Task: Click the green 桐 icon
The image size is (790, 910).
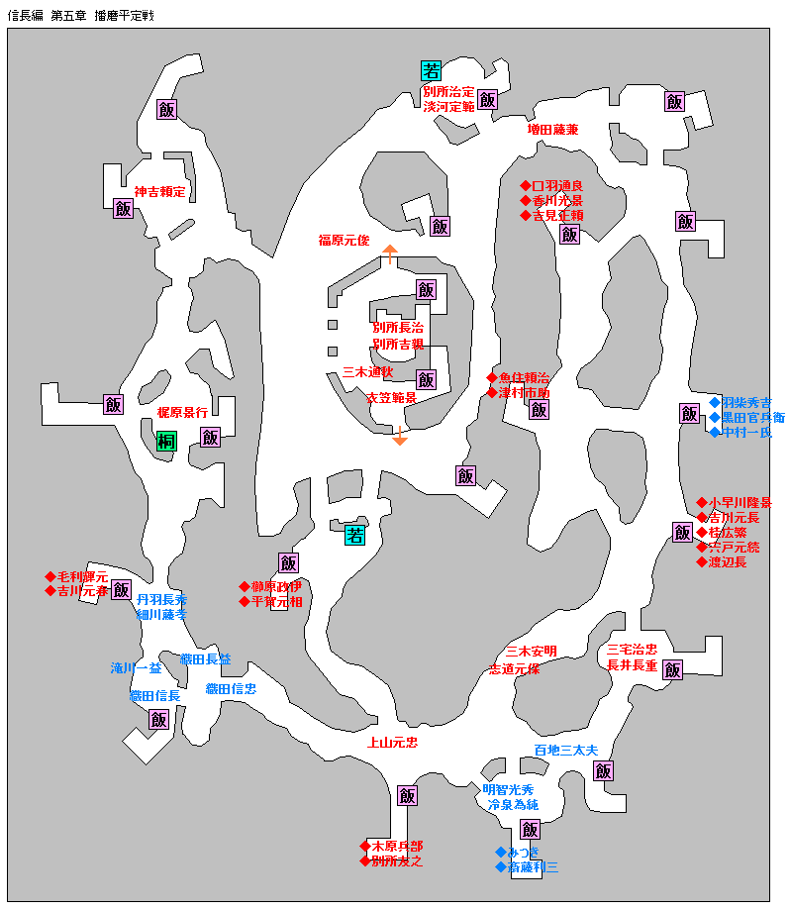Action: (x=166, y=442)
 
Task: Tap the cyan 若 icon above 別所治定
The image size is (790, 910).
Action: (x=431, y=70)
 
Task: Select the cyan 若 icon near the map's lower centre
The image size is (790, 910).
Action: (x=355, y=536)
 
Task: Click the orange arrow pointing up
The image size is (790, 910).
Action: (x=389, y=253)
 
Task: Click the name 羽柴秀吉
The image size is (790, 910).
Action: (x=746, y=403)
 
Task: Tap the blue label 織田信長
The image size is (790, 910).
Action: (x=155, y=696)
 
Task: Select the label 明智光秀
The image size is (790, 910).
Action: (x=508, y=790)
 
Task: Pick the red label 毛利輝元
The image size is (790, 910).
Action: (x=81, y=576)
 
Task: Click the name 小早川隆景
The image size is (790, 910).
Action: (x=741, y=503)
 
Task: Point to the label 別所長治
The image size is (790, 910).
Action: (x=398, y=328)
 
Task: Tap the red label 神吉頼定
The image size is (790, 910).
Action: (x=160, y=192)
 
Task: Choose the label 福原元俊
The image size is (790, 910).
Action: (x=344, y=240)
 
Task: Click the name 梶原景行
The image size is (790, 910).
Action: (x=182, y=411)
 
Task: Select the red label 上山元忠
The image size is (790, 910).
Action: (x=392, y=742)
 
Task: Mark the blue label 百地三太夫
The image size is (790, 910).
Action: (x=566, y=750)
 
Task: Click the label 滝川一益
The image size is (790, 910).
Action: (x=137, y=668)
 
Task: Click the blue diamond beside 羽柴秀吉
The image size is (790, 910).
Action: (x=714, y=403)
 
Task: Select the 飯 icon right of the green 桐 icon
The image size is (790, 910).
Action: (x=210, y=437)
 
